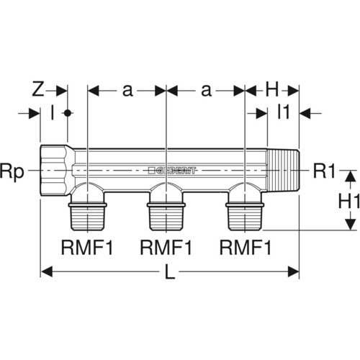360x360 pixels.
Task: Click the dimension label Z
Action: [x=38, y=90]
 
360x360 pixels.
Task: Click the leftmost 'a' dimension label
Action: [x=127, y=91]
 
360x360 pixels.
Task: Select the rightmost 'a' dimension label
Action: [x=206, y=91]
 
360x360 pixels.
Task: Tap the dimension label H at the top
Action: [x=272, y=90]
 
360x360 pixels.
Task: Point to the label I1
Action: [x=284, y=112]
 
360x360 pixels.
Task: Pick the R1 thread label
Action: [x=324, y=171]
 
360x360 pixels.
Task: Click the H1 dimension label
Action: [x=349, y=202]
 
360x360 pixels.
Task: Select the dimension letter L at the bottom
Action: [x=170, y=272]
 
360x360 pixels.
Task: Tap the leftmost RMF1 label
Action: [x=87, y=248]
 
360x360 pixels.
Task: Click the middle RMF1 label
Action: [x=166, y=248]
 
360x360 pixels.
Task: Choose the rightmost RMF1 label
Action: [x=246, y=248]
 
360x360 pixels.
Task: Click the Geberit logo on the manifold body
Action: [x=172, y=171]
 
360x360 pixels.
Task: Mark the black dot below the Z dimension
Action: [x=68, y=113]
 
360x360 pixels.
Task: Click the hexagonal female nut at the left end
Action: [x=57, y=171]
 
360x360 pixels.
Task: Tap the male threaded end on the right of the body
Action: [x=283, y=171]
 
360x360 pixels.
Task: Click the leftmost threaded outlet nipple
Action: [x=88, y=216]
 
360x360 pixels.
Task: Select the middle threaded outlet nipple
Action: [x=166, y=216]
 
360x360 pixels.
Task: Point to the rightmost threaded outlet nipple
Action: [x=245, y=216]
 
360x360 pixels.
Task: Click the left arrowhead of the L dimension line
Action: [x=46, y=271]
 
